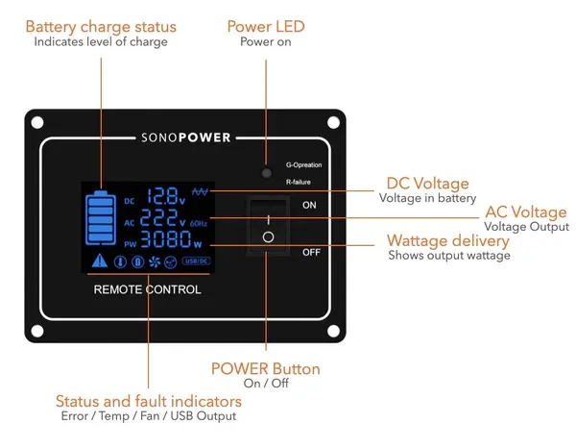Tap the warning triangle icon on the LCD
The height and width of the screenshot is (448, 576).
(98, 261)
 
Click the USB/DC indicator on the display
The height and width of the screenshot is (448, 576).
(196, 261)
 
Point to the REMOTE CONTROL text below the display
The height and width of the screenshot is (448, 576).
(147, 288)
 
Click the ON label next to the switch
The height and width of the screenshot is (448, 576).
(309, 205)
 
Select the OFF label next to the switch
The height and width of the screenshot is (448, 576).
(310, 252)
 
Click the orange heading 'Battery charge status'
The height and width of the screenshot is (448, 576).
(100, 26)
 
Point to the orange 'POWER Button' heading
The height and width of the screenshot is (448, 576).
(265, 369)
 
